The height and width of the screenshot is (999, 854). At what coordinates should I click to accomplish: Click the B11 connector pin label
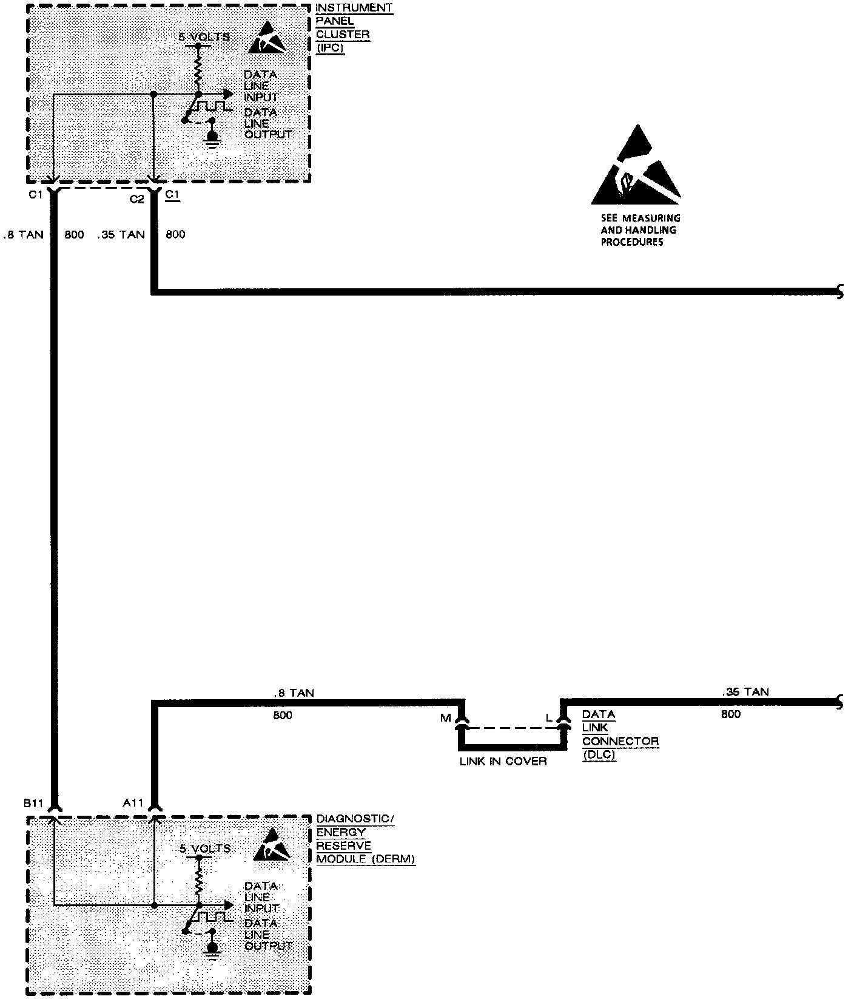33,803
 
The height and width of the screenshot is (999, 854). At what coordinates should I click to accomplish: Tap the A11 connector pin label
133,803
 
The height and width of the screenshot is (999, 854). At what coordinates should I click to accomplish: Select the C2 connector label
137,198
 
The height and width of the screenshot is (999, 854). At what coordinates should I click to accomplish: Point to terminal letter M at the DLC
446,719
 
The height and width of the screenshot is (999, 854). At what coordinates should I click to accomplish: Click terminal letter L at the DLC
549,719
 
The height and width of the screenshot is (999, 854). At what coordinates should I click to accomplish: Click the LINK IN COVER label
503,761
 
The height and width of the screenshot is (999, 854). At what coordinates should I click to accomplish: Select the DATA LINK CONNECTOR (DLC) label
620,734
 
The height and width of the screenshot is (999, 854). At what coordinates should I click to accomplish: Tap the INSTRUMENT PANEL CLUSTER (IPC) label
354,28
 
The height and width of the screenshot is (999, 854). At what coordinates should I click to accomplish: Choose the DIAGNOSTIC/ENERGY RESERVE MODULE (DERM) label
365,839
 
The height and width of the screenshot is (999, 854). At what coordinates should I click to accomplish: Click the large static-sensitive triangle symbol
636,166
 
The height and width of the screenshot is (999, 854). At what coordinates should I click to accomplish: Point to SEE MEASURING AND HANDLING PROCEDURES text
640,230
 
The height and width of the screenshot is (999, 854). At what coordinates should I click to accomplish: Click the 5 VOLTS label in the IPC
204,37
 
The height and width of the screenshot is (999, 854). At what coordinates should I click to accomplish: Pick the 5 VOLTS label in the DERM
205,848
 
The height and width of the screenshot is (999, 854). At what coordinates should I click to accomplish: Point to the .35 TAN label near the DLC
745,692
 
